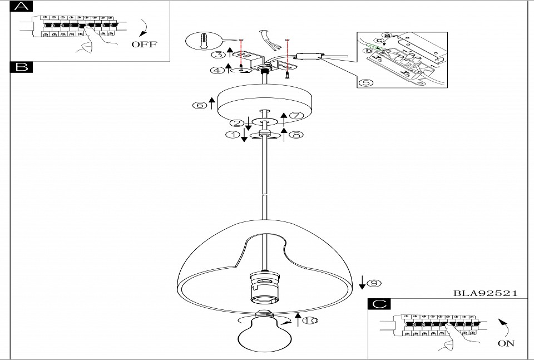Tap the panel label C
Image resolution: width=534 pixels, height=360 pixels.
(x=379, y=304)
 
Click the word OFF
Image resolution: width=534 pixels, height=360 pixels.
(x=145, y=44)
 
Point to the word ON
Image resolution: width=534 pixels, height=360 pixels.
(x=506, y=343)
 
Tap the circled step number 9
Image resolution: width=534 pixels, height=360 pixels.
(x=375, y=283)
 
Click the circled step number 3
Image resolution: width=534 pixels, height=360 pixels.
(x=219, y=54)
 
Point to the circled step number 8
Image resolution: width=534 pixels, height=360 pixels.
(x=296, y=134)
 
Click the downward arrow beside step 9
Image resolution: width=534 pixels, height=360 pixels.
(x=362, y=283)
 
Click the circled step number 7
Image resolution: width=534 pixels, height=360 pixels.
(x=295, y=116)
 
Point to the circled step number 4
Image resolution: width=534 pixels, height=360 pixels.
(x=219, y=70)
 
